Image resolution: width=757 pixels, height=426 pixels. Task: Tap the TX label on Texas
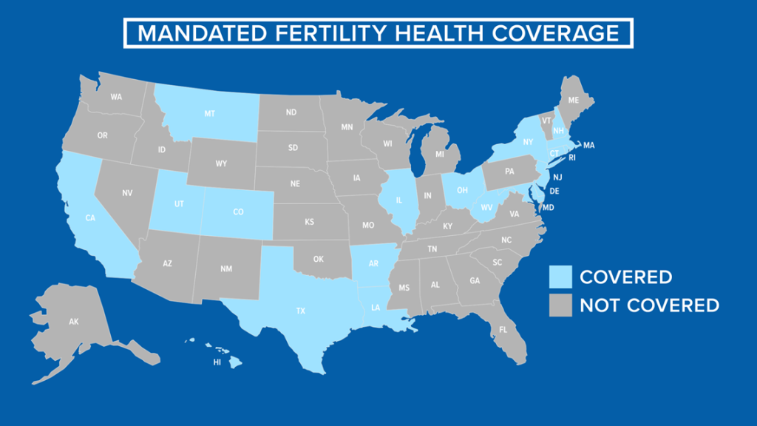point(300,311)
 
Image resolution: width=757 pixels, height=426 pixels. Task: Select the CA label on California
point(89,217)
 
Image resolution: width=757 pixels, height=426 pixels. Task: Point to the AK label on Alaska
point(73,322)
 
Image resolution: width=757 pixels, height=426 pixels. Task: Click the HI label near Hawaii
point(217,362)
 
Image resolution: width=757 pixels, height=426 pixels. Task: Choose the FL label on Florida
point(503,329)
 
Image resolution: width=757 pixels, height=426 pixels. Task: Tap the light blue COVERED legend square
point(560,277)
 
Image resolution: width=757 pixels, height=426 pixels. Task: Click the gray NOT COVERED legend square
point(560,305)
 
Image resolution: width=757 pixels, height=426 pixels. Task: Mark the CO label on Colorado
point(238,212)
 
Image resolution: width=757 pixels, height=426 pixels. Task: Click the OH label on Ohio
point(462,189)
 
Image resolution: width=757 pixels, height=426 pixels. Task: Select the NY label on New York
point(528,142)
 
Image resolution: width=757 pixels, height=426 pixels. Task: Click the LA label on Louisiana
point(377,306)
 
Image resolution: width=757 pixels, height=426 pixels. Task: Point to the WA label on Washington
point(116,97)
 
